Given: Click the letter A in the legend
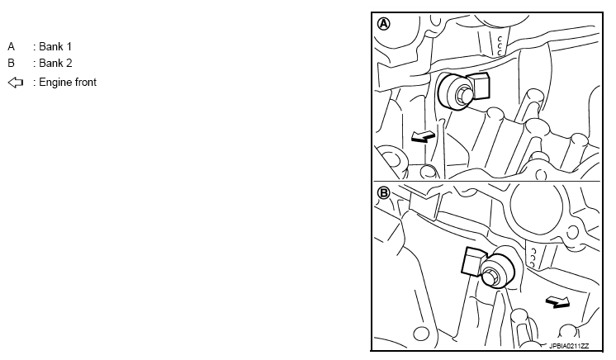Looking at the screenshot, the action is tap(11, 47).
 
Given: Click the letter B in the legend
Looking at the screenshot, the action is tap(11, 63).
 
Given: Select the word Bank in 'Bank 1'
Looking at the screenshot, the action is tap(51, 47).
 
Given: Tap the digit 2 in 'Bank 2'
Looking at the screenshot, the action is tap(69, 63).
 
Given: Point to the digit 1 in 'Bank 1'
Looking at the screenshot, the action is tap(69, 47).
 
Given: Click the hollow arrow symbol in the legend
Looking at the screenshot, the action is tap(16, 83).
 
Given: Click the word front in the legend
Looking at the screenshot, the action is tap(83, 82).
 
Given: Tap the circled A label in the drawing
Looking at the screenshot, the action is tap(384, 24).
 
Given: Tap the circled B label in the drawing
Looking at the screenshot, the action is tap(383, 193).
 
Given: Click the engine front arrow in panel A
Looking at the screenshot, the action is tap(423, 137).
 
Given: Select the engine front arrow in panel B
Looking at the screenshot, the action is tap(557, 302).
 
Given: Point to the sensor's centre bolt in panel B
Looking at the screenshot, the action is tap(491, 276).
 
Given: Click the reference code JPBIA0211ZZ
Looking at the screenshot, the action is tap(569, 346).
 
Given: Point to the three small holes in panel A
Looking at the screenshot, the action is tap(500, 45).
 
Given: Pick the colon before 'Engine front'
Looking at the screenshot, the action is tap(35, 83).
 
